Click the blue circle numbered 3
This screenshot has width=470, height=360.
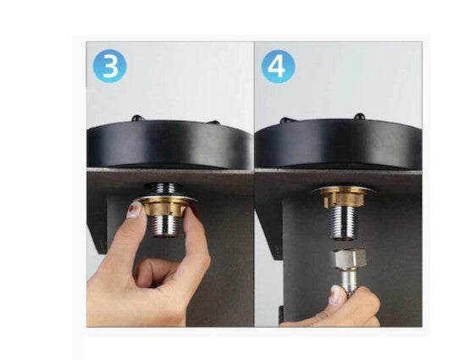110,66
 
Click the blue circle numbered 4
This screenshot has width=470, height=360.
278,67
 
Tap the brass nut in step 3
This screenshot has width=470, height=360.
163,208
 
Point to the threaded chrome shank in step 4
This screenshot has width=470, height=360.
343,223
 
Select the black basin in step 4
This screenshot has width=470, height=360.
338,144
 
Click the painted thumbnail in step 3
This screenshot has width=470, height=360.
135,209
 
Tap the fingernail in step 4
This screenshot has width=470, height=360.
335,295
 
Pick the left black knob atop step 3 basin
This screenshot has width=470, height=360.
137,118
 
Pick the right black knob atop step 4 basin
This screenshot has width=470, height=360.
359,116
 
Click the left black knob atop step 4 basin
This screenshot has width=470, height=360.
285,120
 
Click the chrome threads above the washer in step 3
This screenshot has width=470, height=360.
163,189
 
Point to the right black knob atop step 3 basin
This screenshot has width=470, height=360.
214,122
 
